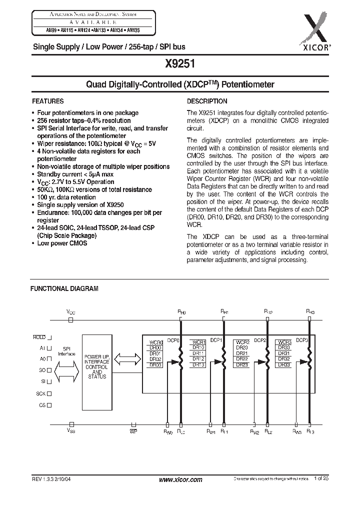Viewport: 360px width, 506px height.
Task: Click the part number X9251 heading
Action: coord(179,64)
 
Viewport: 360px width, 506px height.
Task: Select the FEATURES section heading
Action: coord(47,100)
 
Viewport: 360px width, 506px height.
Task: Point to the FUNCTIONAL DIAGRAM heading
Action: coord(64,288)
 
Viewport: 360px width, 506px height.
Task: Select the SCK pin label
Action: coord(40,393)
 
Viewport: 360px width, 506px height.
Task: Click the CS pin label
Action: coord(42,405)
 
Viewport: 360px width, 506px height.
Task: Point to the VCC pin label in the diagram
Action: coord(71,311)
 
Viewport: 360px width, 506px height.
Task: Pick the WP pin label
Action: coord(133,430)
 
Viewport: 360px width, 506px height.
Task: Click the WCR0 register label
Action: coord(155,342)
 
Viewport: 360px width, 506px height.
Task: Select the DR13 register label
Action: coord(198,365)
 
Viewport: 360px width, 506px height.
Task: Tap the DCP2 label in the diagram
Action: coord(259,340)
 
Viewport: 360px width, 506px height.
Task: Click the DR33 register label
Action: coord(284,365)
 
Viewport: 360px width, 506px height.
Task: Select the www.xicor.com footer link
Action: coord(180,479)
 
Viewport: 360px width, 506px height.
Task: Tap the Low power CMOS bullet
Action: coord(62,243)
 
